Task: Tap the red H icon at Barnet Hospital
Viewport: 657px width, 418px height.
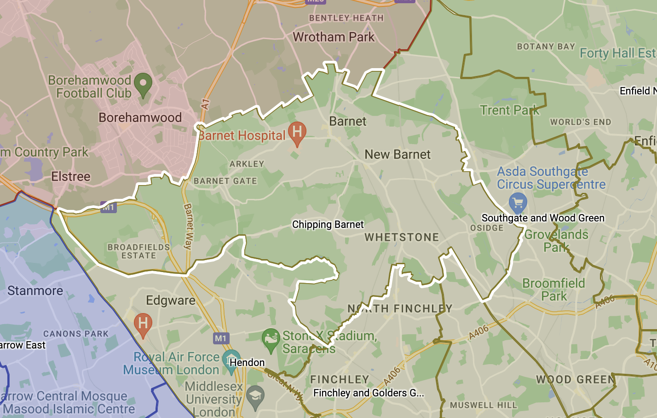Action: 297,132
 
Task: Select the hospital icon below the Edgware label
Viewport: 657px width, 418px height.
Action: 143,324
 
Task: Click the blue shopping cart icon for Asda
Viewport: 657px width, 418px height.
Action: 518,203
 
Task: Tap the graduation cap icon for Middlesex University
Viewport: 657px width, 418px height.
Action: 255,396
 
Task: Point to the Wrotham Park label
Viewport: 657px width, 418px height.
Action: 334,37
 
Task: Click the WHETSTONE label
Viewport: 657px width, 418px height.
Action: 402,238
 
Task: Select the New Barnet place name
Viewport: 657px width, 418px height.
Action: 398,155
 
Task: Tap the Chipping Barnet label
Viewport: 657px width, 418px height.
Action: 328,225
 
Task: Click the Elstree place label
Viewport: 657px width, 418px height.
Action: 71,177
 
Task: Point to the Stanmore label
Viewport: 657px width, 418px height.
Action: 35,291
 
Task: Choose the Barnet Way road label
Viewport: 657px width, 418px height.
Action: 188,226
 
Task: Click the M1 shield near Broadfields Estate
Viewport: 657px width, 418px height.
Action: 108,208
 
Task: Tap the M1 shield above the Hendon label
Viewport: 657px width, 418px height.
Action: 221,338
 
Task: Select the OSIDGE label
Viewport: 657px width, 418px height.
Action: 487,228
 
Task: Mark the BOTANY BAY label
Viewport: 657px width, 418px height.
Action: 546,46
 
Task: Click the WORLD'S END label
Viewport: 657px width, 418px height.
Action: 581,122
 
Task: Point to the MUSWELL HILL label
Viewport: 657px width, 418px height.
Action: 484,405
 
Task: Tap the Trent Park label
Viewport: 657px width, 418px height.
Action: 509,110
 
